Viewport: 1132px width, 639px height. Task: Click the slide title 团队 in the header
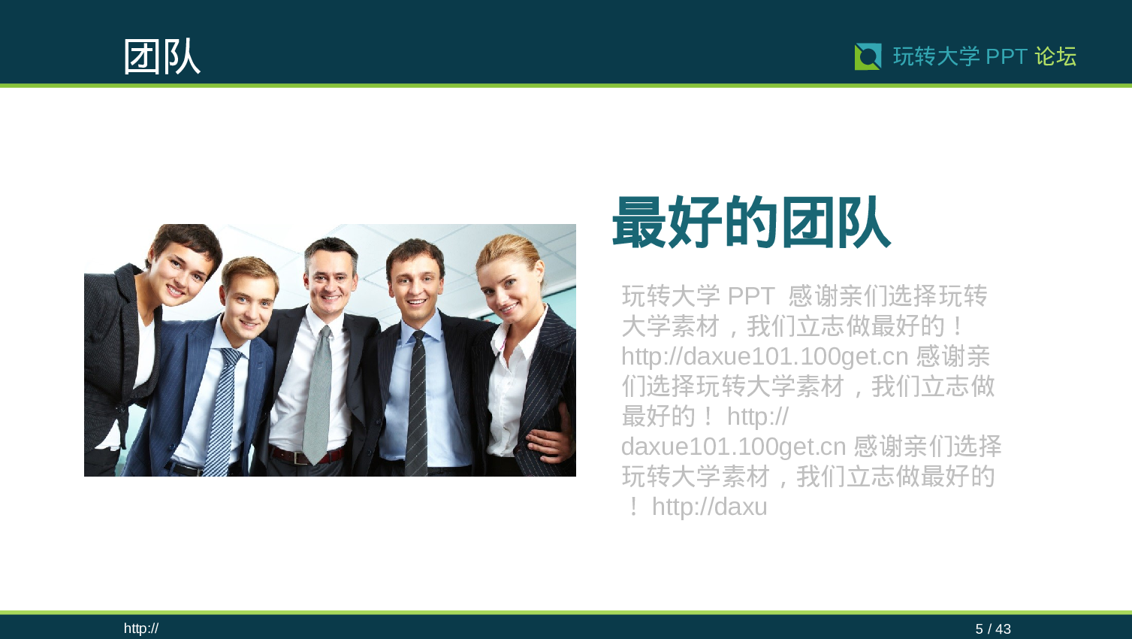(x=161, y=56)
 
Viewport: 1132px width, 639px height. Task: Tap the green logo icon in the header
(x=868, y=56)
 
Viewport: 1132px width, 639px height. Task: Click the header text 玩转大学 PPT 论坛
(x=984, y=56)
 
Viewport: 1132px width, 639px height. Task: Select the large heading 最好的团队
(x=751, y=223)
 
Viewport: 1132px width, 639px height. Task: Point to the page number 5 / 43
(x=992, y=628)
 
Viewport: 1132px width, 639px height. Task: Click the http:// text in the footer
(x=141, y=628)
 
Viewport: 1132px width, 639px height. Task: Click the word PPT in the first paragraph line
(x=751, y=296)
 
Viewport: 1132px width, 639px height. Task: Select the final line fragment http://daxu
(x=709, y=507)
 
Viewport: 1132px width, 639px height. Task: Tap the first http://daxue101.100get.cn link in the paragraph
(x=765, y=356)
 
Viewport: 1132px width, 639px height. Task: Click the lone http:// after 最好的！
(x=757, y=416)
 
